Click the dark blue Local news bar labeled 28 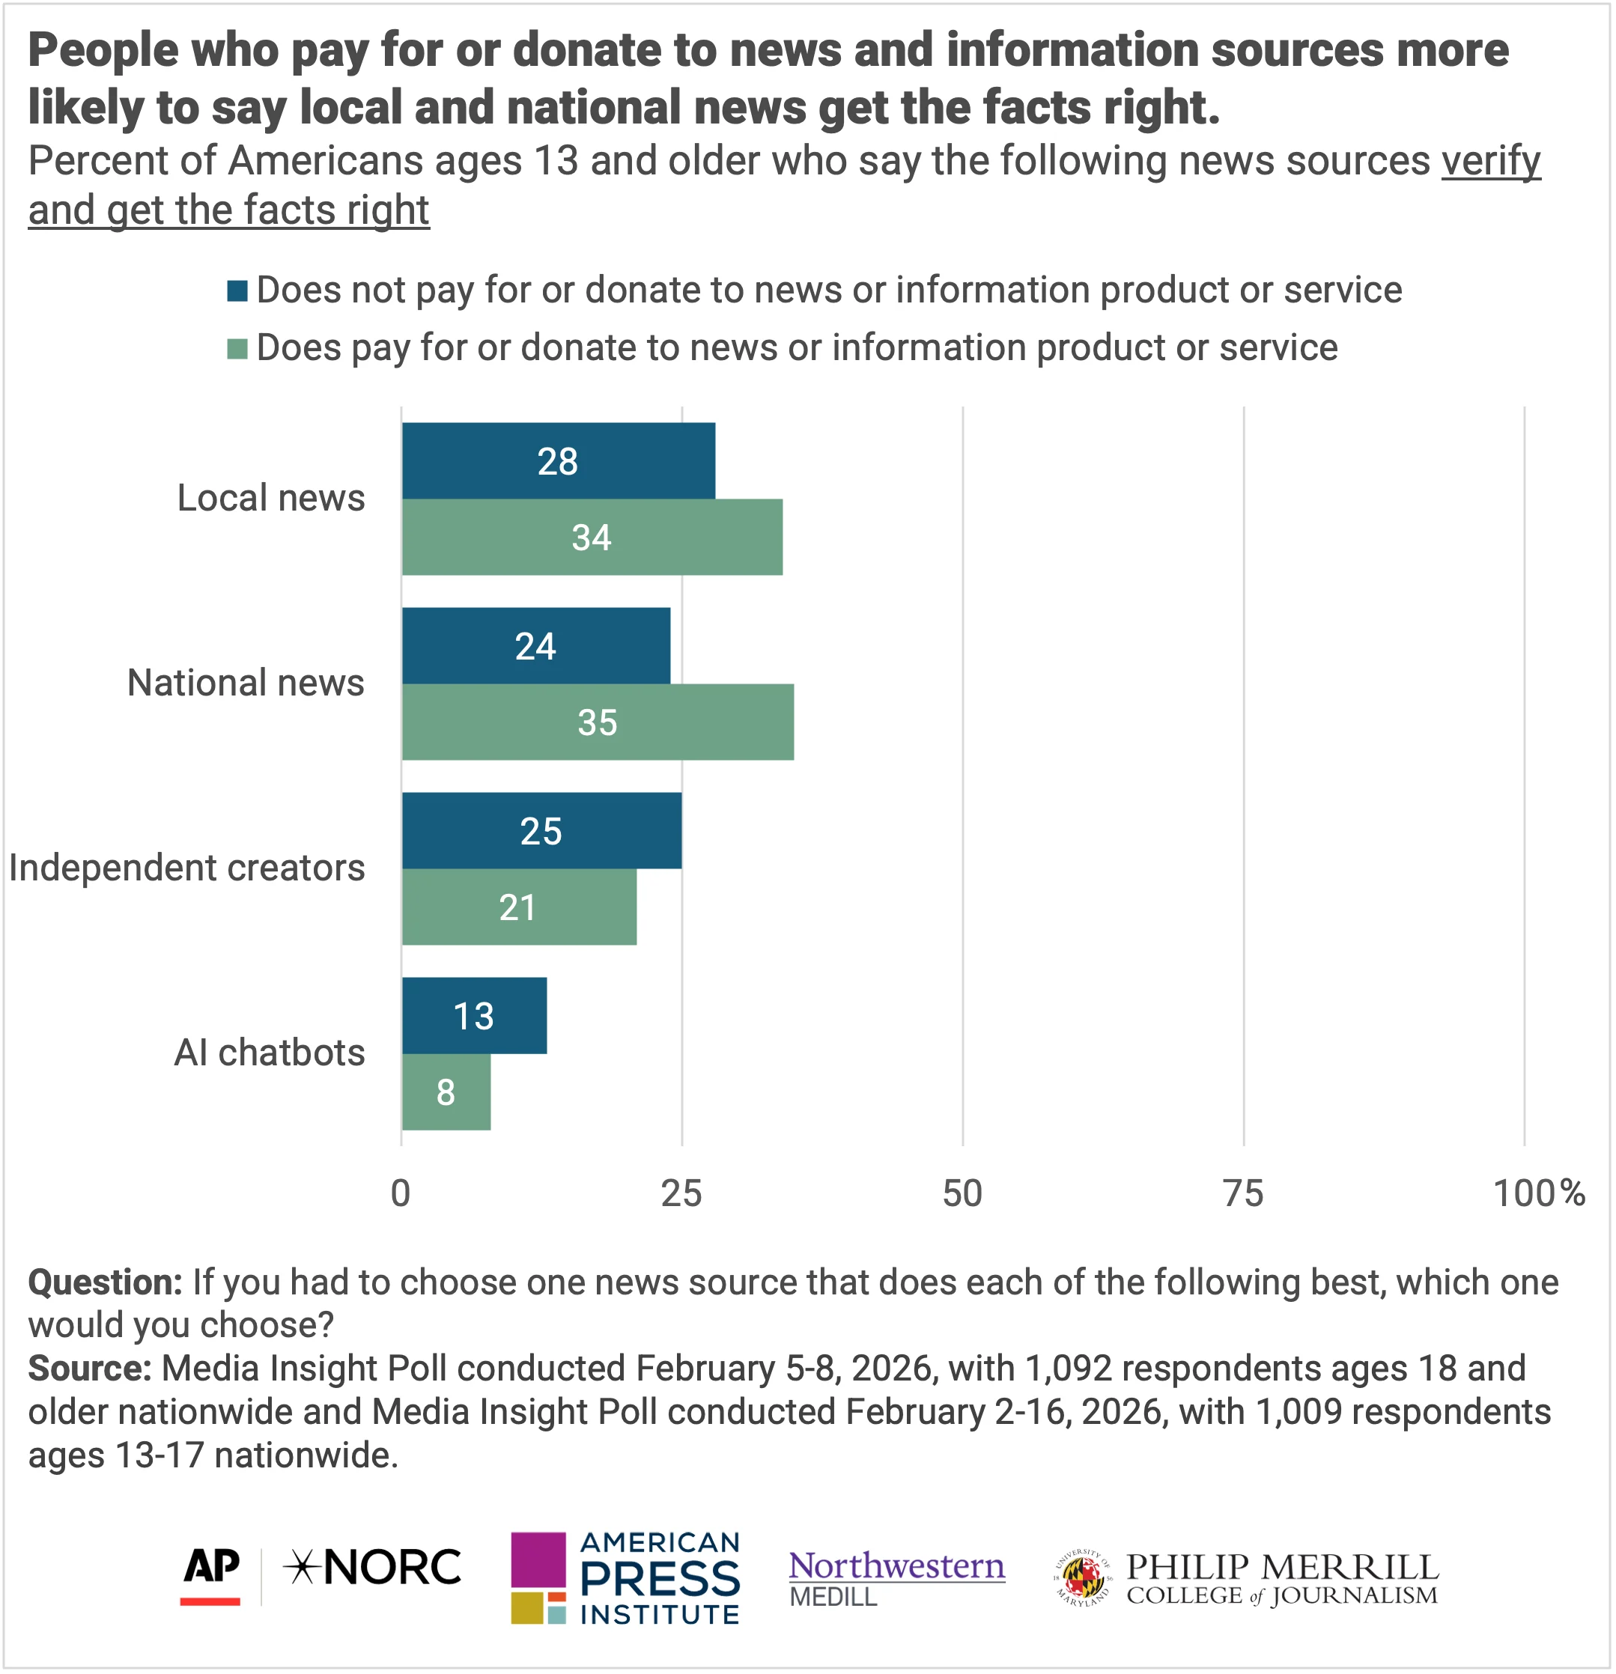pos(559,461)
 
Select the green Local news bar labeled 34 pos(592,538)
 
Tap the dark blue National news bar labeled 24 pos(535,645)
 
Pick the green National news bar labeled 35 pos(597,722)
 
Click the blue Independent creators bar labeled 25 pos(541,831)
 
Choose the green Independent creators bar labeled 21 pos(518,907)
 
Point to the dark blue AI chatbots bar pos(474,1015)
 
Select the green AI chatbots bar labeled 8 pos(446,1092)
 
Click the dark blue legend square pos(237,291)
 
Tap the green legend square pos(237,348)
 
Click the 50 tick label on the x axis pos(962,1193)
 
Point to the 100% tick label pos(1538,1193)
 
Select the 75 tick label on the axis pos(1243,1193)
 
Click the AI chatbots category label pos(269,1052)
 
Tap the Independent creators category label pos(187,868)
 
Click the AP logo pos(211,1576)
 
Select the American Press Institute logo pos(625,1577)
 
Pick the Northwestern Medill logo pos(896,1577)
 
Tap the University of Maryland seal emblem pos(1083,1577)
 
